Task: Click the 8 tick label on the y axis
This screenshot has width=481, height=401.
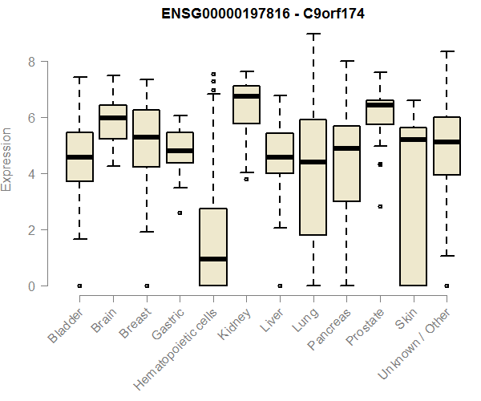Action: (32, 61)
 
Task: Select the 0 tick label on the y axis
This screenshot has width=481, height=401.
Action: (32, 286)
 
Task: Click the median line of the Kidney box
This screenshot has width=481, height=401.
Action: (246, 96)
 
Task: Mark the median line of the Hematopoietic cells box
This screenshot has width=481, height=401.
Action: (212, 259)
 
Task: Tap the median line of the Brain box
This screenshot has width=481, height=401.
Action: (113, 118)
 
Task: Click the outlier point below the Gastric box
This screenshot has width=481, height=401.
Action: (180, 213)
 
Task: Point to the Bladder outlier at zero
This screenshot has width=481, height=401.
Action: (79, 286)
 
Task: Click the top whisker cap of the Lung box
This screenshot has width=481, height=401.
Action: (313, 34)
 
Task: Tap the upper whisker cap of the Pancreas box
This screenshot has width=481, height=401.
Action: (346, 61)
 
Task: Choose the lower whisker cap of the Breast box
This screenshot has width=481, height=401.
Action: (146, 232)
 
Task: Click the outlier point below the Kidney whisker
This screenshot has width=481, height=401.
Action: (246, 179)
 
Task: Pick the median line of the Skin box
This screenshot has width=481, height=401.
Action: (413, 140)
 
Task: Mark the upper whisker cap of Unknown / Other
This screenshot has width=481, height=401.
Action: (447, 51)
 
